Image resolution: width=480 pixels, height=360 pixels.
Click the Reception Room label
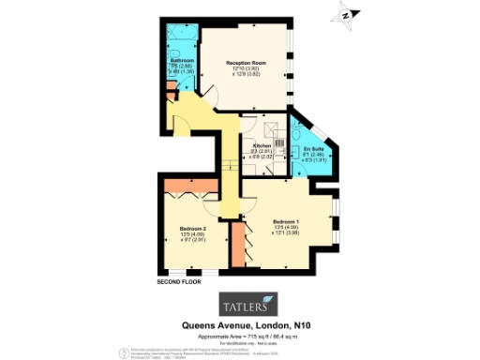click(247, 62)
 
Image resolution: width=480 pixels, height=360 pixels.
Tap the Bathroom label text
click(182, 60)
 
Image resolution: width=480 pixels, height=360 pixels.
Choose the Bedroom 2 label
click(192, 228)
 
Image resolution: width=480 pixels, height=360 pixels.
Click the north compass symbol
click(344, 14)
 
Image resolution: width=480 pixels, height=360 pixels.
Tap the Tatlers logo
click(247, 304)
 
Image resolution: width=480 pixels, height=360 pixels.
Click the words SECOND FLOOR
click(179, 280)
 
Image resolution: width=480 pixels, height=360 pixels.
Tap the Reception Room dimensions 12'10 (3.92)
click(246, 68)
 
